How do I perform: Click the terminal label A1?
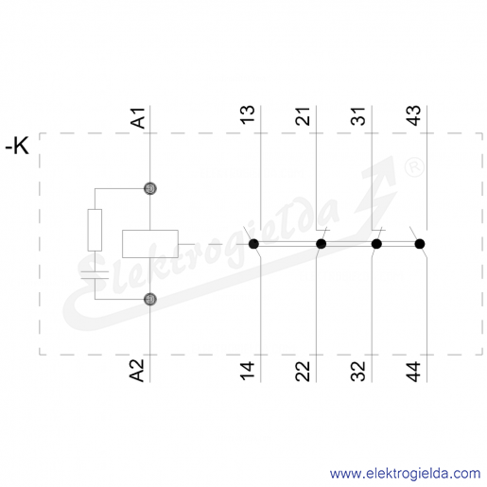[x=138, y=118]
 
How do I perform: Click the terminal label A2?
[x=138, y=371]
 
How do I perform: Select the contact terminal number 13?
[x=248, y=114]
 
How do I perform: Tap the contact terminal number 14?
[x=248, y=371]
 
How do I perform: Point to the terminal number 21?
[x=303, y=116]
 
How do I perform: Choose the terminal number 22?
[x=303, y=372]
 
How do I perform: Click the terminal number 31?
[x=358, y=116]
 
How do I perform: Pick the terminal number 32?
[x=358, y=372]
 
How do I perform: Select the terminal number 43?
[x=413, y=115]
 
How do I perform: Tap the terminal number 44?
[x=413, y=372]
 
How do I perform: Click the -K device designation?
[x=17, y=146]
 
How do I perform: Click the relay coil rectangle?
[x=150, y=244]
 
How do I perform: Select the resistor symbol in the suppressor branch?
[x=95, y=230]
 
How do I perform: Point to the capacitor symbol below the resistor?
[x=95, y=275]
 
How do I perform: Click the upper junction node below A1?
[x=150, y=188]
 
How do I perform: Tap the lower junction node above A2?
[x=150, y=299]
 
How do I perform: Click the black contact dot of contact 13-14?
[x=253, y=244]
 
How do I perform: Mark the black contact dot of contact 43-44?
[x=420, y=244]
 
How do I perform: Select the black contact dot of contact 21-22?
[x=321, y=244]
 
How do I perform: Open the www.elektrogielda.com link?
[x=405, y=474]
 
